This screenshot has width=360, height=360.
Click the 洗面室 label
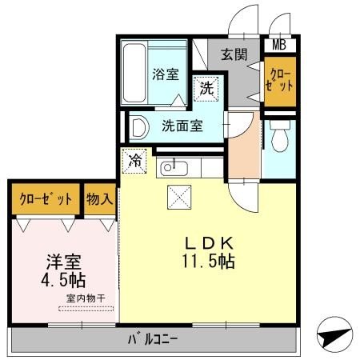(x=182, y=125)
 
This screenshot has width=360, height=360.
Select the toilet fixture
(x=280, y=141)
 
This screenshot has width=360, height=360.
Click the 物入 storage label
(x=99, y=197)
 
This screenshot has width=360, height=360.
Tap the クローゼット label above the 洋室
(x=45, y=197)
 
